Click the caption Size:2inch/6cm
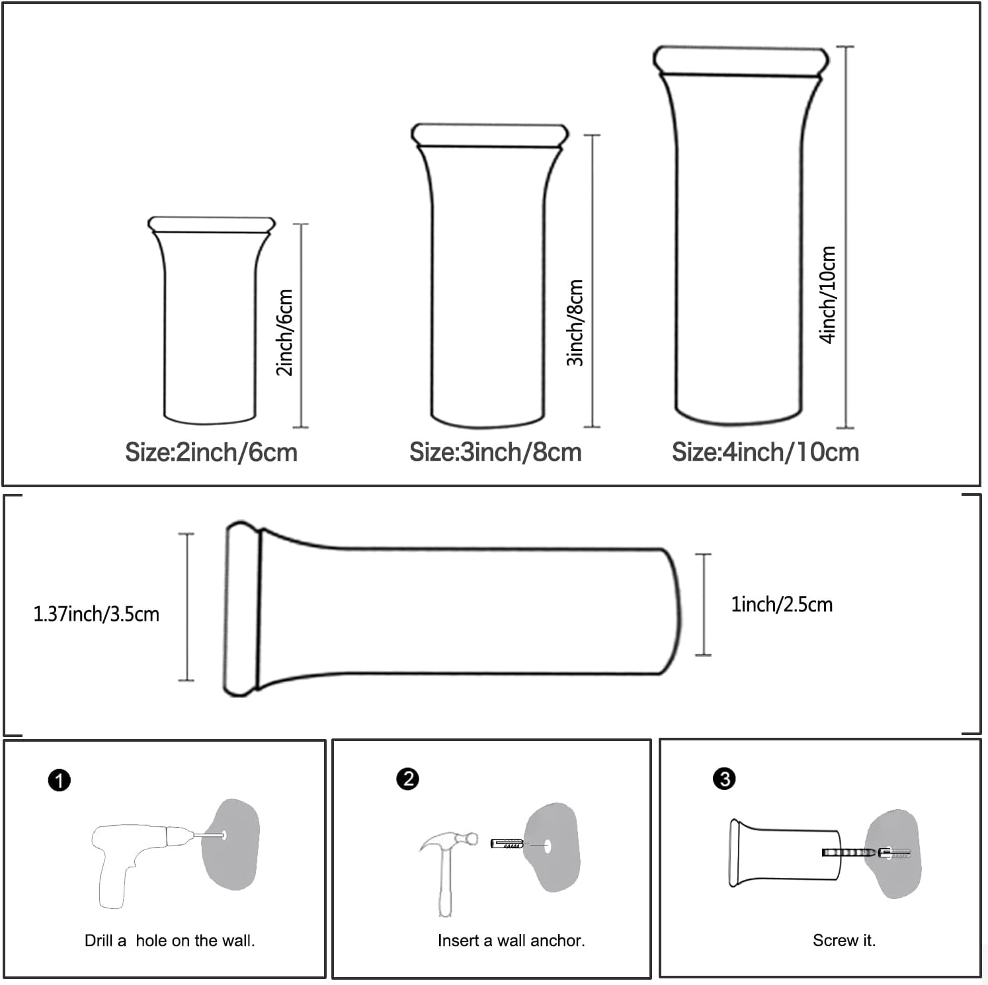(x=211, y=453)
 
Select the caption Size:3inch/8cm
(x=495, y=453)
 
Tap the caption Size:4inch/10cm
(x=765, y=453)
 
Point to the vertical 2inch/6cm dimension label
(x=284, y=333)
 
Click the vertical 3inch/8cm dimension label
(x=575, y=323)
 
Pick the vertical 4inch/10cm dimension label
(x=828, y=295)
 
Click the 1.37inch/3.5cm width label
(x=97, y=614)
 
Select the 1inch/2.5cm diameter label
(x=782, y=604)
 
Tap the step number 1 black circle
(x=60, y=781)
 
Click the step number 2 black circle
(x=407, y=779)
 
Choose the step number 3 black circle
(x=724, y=779)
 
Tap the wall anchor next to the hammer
(x=507, y=844)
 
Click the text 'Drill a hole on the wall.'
(x=170, y=941)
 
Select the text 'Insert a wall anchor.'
(x=511, y=941)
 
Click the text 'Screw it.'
(x=844, y=941)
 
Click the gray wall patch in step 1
(x=231, y=844)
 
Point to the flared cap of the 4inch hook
(x=741, y=60)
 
